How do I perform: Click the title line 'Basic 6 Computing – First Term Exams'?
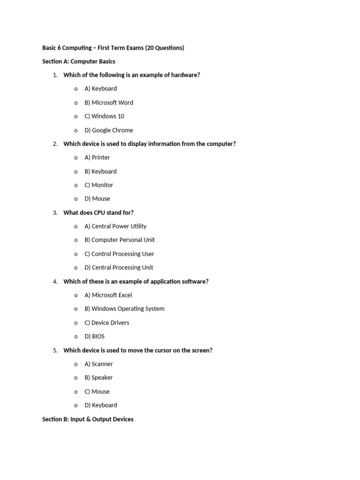coord(113,48)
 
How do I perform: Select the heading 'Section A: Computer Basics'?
coord(79,61)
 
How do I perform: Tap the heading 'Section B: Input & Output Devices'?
coord(88,419)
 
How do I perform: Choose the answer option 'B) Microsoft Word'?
coord(109,103)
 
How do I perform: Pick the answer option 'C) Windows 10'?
coord(104,116)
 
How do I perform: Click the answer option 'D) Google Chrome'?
coord(109,130)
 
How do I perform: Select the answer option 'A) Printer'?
coord(97,157)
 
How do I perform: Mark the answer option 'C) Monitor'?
coord(99,185)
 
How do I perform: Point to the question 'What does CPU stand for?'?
coord(98,213)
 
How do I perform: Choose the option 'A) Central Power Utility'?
coord(115,226)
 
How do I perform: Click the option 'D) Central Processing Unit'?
coord(119,268)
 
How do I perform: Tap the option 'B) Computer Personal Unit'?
coord(120,240)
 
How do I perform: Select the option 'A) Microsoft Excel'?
coord(108,295)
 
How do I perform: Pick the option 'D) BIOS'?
coord(95,337)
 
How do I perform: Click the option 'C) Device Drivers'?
coord(107,323)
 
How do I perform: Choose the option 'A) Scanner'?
coord(99,364)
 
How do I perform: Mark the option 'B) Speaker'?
coord(98,378)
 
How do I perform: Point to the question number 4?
coord(55,282)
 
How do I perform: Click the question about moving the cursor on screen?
coord(138,351)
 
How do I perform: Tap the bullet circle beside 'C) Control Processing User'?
coord(76,254)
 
